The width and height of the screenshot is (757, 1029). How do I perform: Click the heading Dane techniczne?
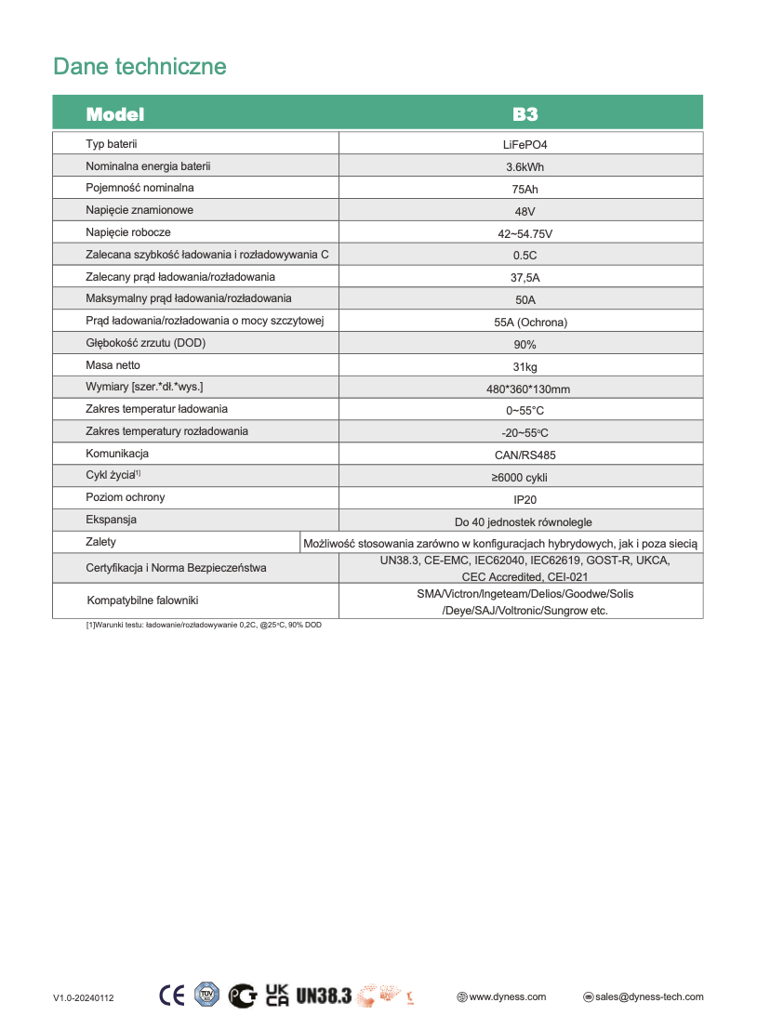coord(139,67)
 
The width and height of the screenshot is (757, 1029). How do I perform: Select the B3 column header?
coord(525,114)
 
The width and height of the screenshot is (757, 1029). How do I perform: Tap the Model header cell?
coord(115,114)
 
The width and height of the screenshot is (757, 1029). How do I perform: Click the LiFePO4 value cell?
coord(525,144)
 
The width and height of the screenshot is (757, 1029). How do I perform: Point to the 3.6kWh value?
coord(525,167)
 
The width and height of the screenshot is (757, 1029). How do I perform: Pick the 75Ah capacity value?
coord(525,190)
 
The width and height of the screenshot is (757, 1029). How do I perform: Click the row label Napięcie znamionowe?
coord(139,210)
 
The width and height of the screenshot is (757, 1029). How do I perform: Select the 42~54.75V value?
coord(525,233)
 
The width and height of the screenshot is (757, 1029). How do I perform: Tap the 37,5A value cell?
coord(525,278)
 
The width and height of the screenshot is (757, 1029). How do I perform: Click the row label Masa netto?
coord(113,365)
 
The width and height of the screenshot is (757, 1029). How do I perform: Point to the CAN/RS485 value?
coord(525,455)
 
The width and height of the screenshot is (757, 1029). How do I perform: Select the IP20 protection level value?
coord(525,499)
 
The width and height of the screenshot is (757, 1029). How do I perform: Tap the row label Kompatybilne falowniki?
coord(142,600)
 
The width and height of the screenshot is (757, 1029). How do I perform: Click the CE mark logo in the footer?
coord(172,996)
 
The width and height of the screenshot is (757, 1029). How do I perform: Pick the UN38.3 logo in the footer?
coord(324,996)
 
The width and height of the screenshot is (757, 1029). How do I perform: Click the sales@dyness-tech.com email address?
coord(649,996)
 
